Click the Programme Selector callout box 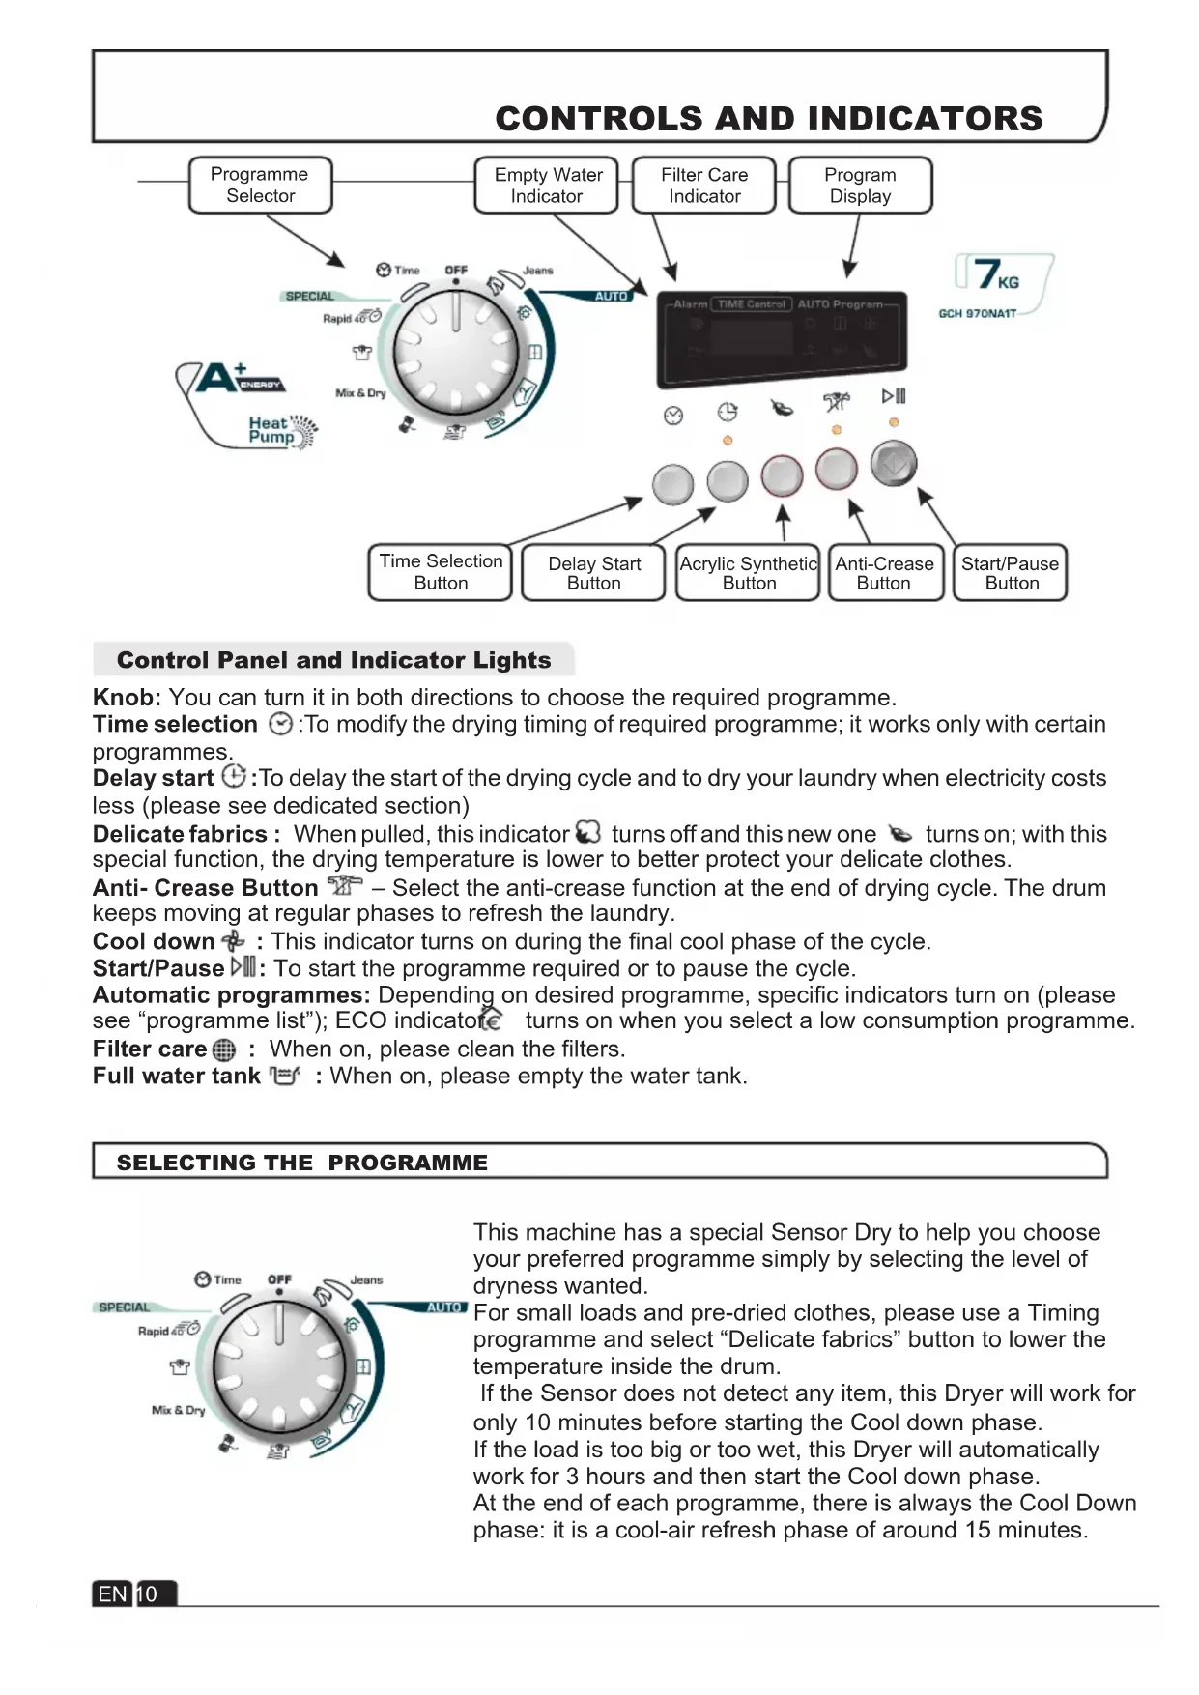tap(260, 185)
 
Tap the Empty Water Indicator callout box tap(547, 185)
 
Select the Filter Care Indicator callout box tap(704, 185)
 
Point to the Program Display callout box tap(860, 185)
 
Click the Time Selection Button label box tap(441, 572)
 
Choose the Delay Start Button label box tap(593, 573)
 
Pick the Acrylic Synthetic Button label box tap(749, 573)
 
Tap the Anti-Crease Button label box tap(884, 573)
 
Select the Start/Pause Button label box tap(1011, 573)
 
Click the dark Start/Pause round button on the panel tap(894, 464)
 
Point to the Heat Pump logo tap(281, 430)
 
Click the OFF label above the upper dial tap(456, 271)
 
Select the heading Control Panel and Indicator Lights tap(333, 660)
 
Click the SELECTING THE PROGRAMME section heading tap(301, 1163)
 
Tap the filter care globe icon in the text tap(223, 1050)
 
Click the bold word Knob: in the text tap(127, 698)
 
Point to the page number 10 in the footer tap(148, 1594)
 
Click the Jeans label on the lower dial tap(366, 1279)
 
